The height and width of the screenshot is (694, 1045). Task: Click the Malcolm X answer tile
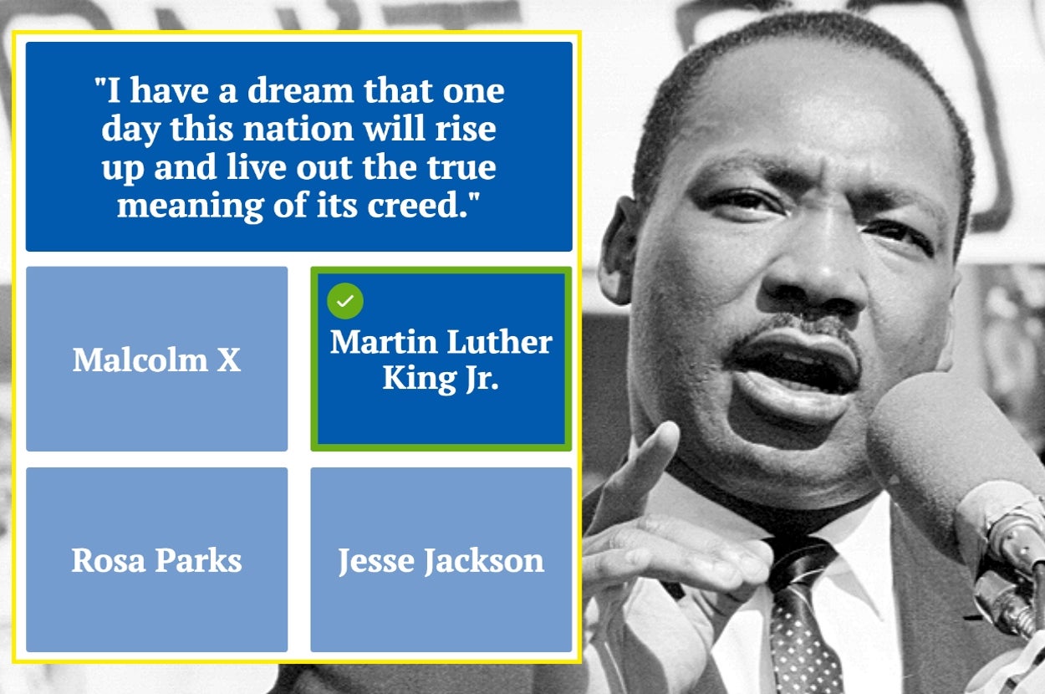pyautogui.click(x=156, y=360)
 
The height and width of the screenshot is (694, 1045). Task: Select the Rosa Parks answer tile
pyautogui.click(x=156, y=559)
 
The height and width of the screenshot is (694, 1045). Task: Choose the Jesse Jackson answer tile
pyautogui.click(x=441, y=559)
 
